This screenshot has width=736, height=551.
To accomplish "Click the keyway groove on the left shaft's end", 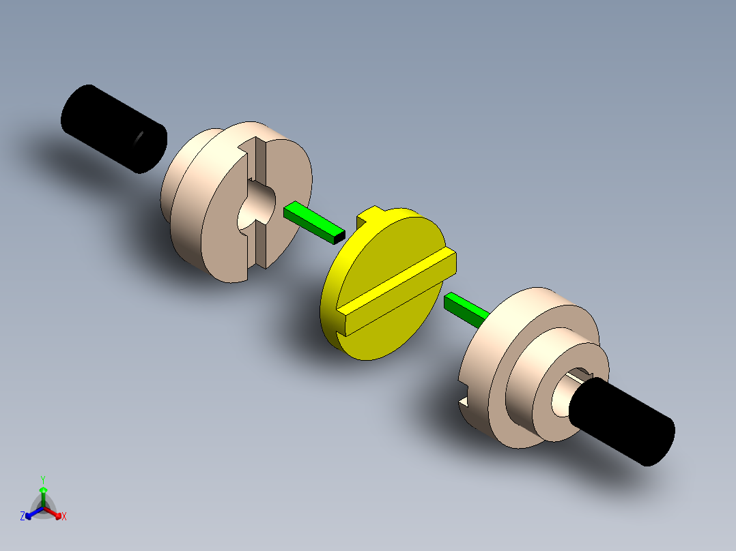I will click(139, 139).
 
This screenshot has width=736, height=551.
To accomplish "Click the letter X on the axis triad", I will click(64, 517).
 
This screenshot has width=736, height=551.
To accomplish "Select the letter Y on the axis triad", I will click(42, 479).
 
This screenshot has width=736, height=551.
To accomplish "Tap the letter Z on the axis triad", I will click(23, 517).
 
